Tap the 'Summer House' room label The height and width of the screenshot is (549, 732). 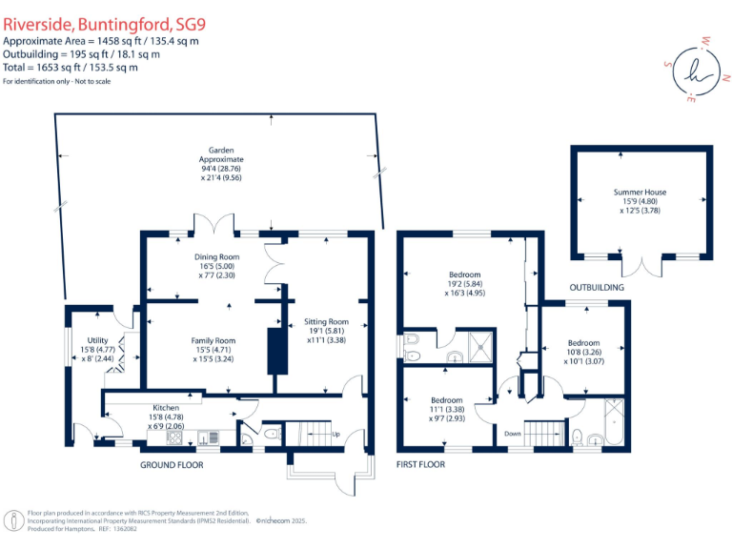pyautogui.click(x=640, y=193)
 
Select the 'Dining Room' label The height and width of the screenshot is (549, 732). pyautogui.click(x=217, y=257)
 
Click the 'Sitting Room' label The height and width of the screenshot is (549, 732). pyautogui.click(x=326, y=322)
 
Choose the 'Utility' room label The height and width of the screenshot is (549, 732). pyautogui.click(x=97, y=339)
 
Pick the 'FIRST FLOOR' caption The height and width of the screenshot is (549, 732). pyautogui.click(x=420, y=465)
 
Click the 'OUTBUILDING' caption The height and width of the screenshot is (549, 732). pyautogui.click(x=597, y=287)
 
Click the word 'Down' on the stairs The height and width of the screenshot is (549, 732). pyautogui.click(x=513, y=432)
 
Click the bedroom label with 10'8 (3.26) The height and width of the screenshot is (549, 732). pyautogui.click(x=583, y=343)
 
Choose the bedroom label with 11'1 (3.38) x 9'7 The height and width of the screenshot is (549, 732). pyautogui.click(x=446, y=400)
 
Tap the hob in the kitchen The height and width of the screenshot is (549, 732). pyautogui.click(x=176, y=437)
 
